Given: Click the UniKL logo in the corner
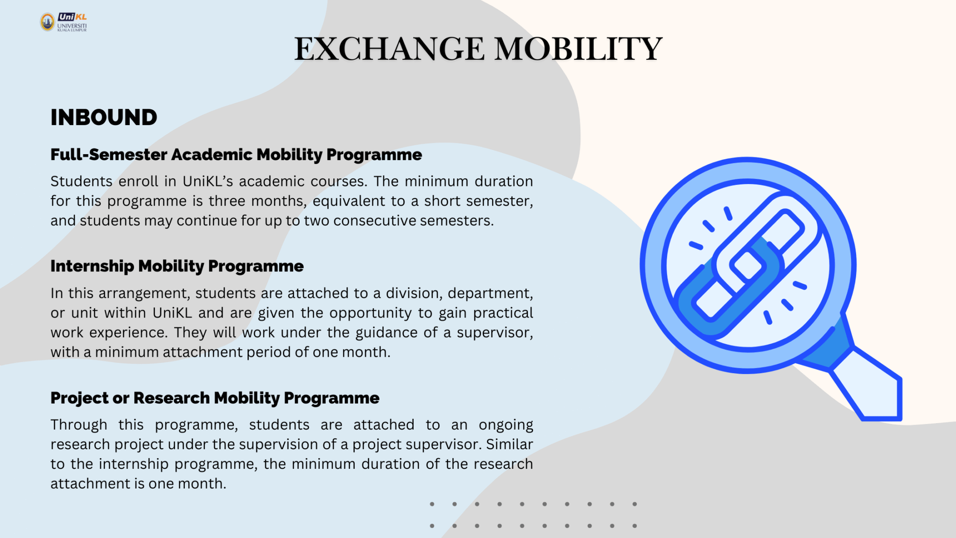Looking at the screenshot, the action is click(63, 22).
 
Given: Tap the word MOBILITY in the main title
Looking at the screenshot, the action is click(578, 49).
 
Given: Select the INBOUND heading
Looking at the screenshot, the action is click(104, 117).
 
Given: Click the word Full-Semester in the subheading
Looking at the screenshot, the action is click(109, 155).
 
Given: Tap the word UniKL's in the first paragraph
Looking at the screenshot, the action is click(208, 181).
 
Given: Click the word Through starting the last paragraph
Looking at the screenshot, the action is click(79, 425).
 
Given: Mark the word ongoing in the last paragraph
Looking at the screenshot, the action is click(506, 425).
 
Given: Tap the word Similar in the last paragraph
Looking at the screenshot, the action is click(509, 444).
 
